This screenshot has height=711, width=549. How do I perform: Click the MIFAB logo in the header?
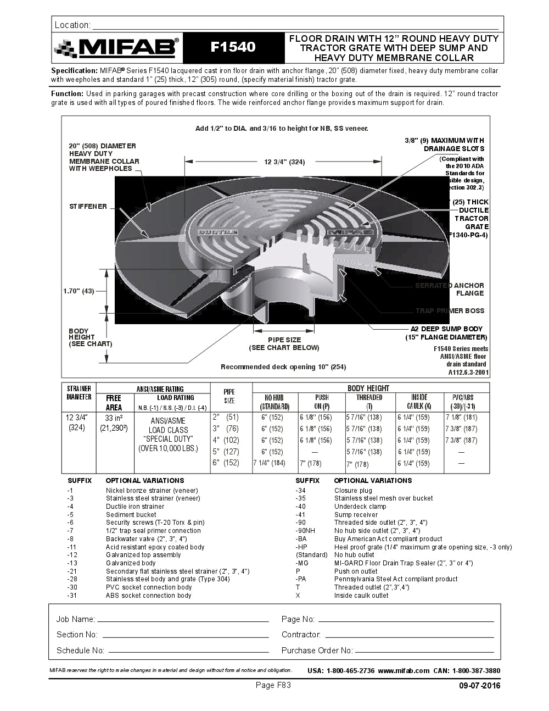click(116, 48)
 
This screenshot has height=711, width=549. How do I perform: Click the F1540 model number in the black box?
click(233, 48)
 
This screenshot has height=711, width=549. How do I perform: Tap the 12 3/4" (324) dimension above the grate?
click(284, 162)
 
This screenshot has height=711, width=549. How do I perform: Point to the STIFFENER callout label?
click(88, 207)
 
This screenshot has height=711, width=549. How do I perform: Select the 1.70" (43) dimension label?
click(79, 291)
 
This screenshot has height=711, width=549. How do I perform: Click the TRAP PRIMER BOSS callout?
click(450, 311)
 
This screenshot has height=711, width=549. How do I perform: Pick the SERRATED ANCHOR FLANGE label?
click(450, 289)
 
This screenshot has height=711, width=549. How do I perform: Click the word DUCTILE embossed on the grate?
click(217, 232)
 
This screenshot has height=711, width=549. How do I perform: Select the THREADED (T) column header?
click(369, 402)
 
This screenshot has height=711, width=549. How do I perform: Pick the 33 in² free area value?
click(113, 418)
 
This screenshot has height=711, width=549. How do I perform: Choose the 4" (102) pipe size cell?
click(226, 440)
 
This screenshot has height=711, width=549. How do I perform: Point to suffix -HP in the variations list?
click(301, 547)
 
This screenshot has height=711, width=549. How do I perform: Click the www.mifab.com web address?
click(404, 670)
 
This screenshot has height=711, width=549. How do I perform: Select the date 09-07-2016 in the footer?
click(479, 686)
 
